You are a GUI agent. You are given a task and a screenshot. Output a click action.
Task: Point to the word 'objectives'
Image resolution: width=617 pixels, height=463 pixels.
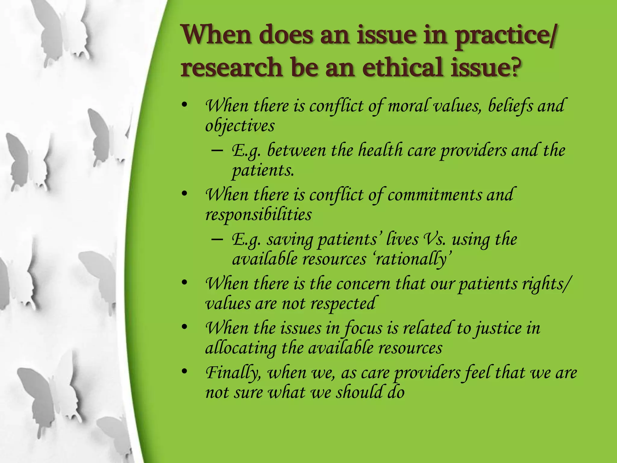[x=240, y=126]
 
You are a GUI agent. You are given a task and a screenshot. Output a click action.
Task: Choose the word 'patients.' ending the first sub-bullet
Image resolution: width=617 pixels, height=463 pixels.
[x=263, y=171]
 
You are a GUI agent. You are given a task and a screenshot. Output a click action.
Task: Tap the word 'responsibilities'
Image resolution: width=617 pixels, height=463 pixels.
[x=258, y=215]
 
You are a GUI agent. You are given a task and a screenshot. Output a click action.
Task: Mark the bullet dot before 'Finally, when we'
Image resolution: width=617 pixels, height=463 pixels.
[x=185, y=371]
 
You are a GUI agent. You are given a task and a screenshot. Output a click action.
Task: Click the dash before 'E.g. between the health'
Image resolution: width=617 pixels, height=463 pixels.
[x=217, y=150]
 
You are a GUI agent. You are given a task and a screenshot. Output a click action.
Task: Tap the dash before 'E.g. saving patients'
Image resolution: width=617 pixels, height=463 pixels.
[x=217, y=239]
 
